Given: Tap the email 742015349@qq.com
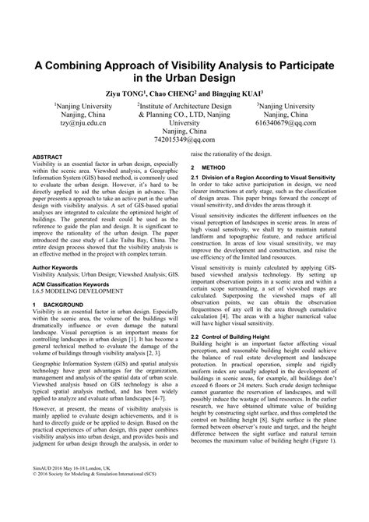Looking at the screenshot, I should coord(184,141).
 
